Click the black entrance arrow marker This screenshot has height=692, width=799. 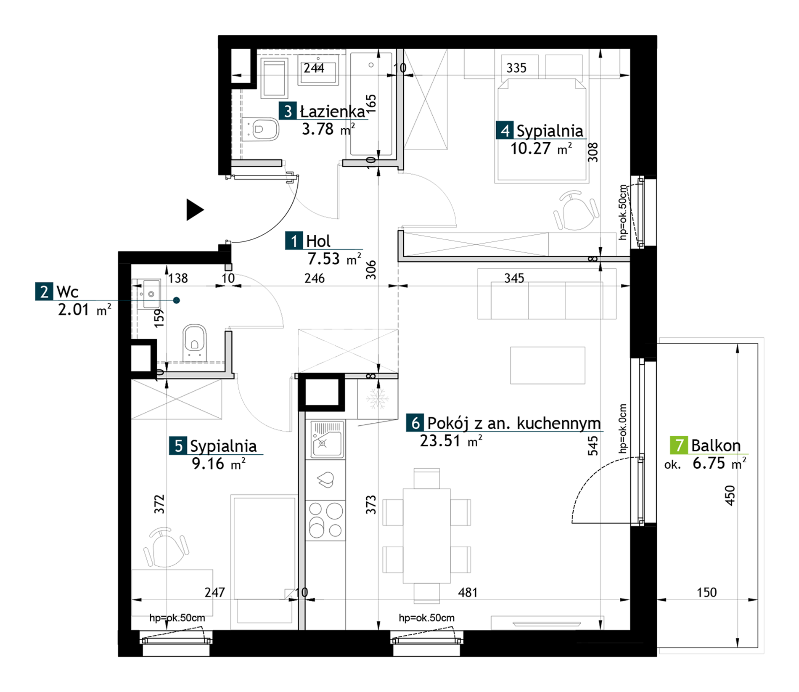pos(194,209)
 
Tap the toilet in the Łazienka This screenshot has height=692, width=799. pos(261,129)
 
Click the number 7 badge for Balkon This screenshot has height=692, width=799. pos(679,445)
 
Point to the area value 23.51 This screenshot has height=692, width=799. pos(440,440)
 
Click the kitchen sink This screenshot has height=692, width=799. pos(327,439)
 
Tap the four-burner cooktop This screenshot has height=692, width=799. pos(325,520)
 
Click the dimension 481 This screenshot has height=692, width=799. pos(468,592)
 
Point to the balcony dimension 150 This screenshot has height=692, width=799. pos(706,592)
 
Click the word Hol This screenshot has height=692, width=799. pos(318,241)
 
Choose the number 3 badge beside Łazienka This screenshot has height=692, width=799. pos(288,111)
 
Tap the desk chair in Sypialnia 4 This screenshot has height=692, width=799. pos(576,210)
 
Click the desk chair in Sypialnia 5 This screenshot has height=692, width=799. pos(166,547)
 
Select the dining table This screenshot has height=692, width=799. pos(426,536)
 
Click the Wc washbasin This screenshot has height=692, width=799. pos(149,294)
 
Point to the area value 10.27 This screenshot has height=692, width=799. pos(530,148)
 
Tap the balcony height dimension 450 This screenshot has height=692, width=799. pos(730,495)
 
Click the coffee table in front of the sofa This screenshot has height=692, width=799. pos(548,365)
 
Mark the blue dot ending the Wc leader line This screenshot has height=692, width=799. pos(177,300)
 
